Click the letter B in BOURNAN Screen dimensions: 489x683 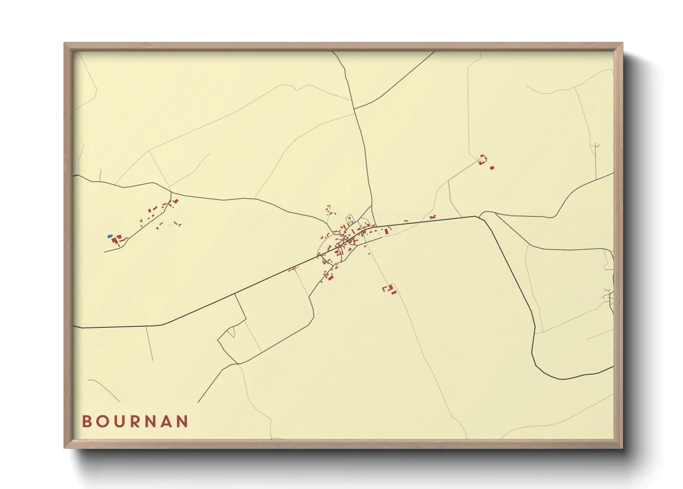[x=86, y=422]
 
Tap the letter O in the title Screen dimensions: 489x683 [x=102, y=422]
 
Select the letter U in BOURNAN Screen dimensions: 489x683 [x=119, y=422]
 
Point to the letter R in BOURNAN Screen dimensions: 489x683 [x=134, y=422]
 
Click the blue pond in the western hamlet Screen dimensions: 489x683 [x=110, y=236]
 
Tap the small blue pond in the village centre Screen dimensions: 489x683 [x=352, y=223]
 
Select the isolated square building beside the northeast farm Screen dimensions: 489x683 [x=492, y=168]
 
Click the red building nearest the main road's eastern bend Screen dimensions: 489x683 [x=432, y=217]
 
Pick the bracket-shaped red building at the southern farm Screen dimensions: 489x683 [x=385, y=288]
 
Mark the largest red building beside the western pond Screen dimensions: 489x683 [x=115, y=240]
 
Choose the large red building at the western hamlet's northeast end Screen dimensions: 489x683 [x=175, y=201]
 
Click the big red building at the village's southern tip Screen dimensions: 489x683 [x=330, y=277]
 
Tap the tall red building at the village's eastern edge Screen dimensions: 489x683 [x=387, y=230]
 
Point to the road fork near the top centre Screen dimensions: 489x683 [x=354, y=109]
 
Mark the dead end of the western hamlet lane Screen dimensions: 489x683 [x=105, y=252]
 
